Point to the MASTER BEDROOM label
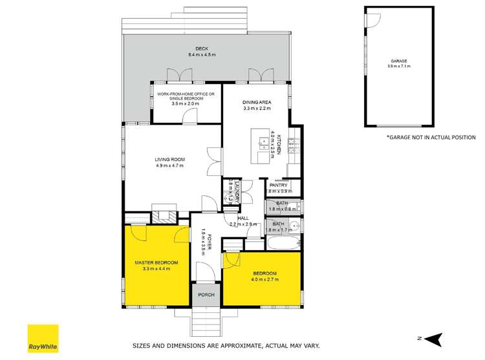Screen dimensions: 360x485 156,262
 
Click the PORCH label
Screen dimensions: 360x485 206,295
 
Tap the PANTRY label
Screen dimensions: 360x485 279,185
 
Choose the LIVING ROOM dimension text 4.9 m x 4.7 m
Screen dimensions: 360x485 169,165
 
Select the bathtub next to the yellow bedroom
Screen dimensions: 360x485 283,244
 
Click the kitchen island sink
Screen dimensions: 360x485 263,143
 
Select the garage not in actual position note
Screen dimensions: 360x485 431,137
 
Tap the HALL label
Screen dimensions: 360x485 243,218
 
